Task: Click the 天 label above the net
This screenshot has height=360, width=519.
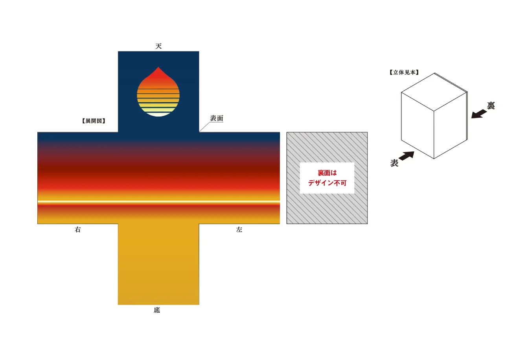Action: tap(158, 46)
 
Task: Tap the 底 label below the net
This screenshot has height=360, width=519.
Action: tap(157, 310)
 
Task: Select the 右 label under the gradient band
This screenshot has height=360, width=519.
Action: tap(77, 230)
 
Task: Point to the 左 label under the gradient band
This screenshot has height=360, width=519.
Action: tap(239, 230)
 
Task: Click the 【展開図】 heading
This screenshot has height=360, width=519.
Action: tap(94, 121)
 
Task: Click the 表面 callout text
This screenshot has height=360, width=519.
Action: tap(217, 118)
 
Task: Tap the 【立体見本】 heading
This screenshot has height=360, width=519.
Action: tap(404, 72)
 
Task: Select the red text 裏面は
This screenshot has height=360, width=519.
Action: tap(327, 173)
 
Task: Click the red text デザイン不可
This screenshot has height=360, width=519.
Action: tap(327, 183)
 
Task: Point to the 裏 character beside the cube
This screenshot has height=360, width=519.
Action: tap(491, 105)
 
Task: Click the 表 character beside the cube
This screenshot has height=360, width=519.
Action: tap(394, 163)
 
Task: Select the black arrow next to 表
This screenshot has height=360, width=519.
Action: tap(407, 156)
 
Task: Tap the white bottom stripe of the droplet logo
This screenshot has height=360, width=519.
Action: tap(158, 114)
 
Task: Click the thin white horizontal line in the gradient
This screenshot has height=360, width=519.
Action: tap(158, 202)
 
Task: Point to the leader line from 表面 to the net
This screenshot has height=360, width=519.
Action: tap(204, 126)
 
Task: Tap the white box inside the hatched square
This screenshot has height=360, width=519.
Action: tap(327, 178)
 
